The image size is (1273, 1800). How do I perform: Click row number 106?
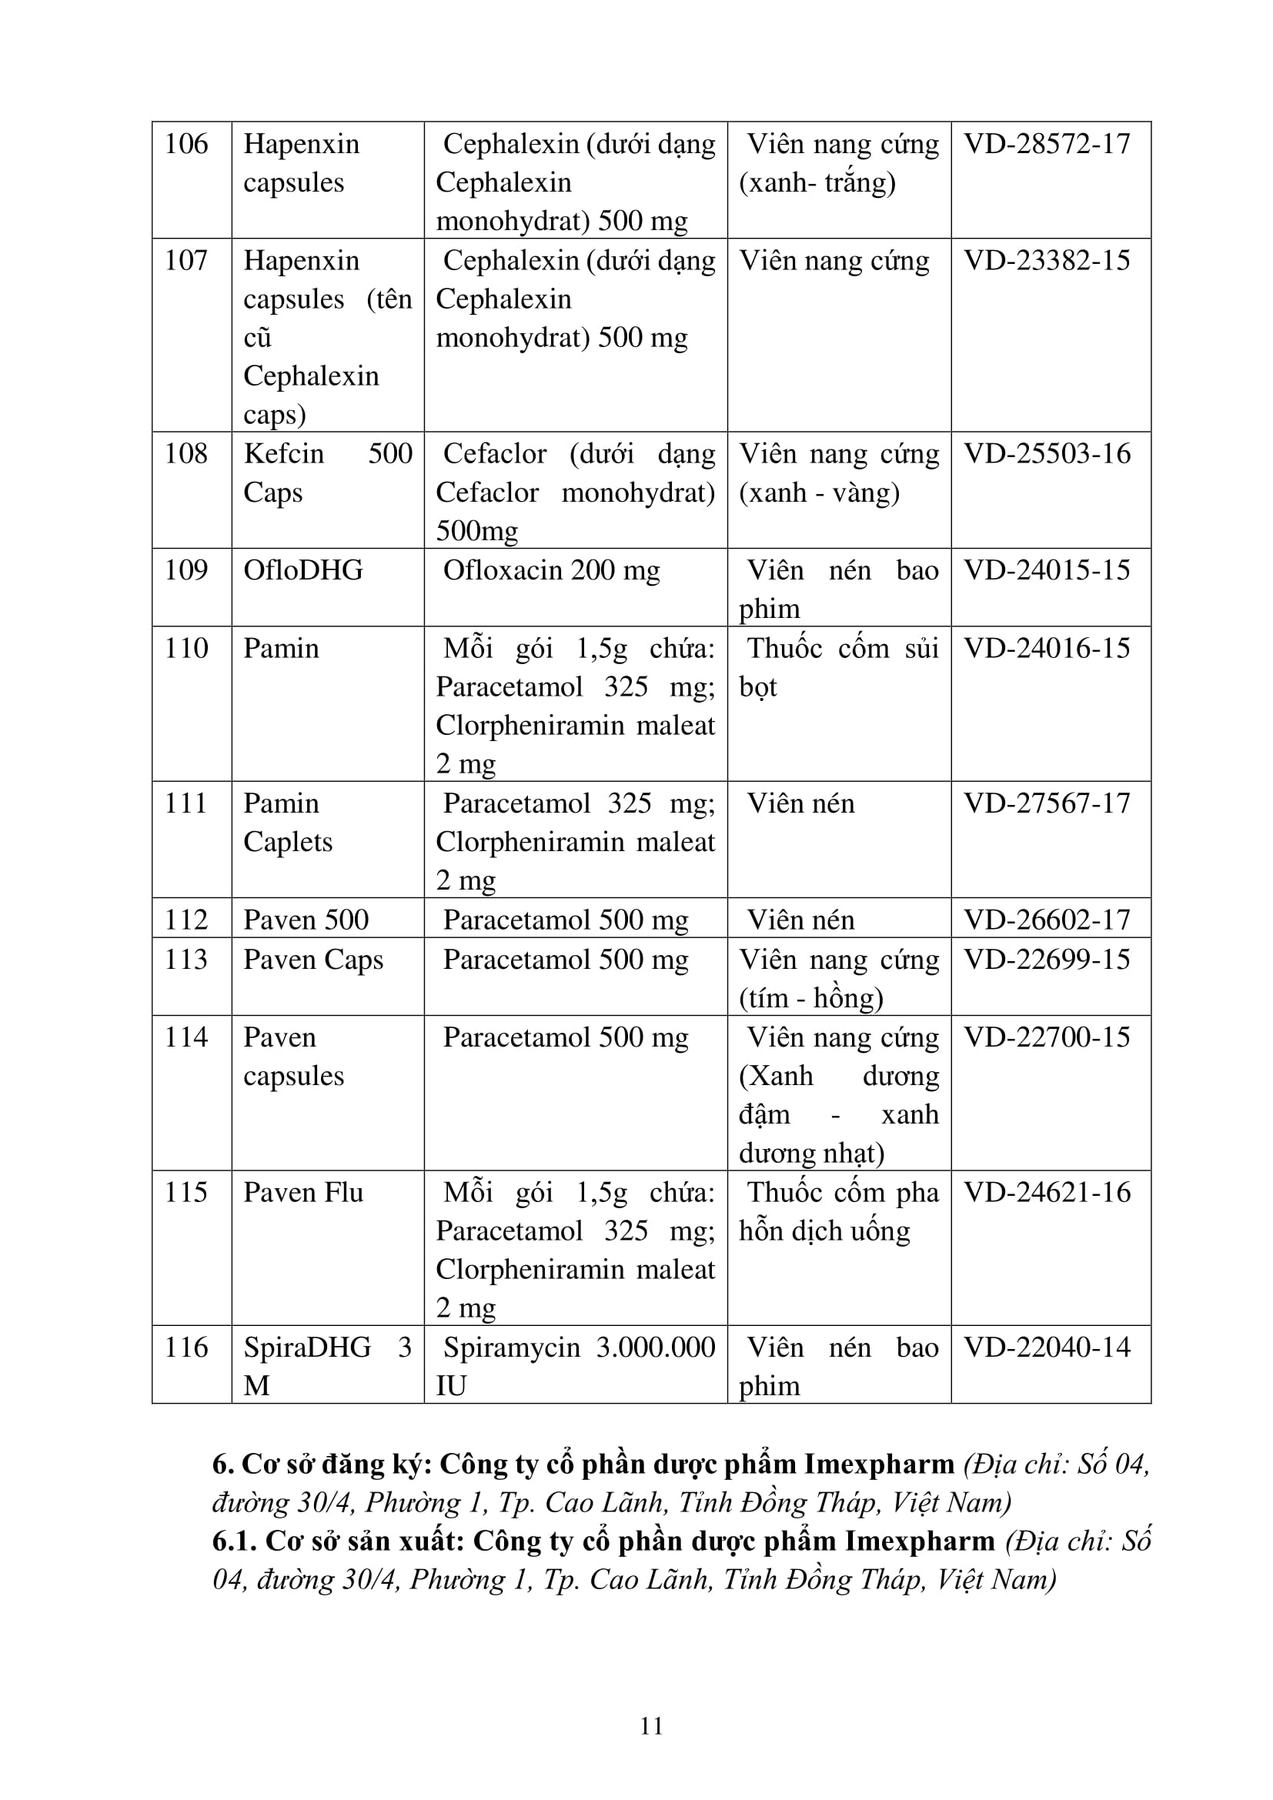coord(185,144)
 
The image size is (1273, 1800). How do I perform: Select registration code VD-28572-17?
coord(1047,144)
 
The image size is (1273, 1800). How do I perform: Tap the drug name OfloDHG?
coord(302,570)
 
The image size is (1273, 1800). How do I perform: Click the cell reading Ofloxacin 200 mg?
coord(551,570)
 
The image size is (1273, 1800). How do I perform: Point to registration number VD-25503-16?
coord(1047,454)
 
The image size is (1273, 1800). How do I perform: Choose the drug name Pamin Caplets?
coord(287,822)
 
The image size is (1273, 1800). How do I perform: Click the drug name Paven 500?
coord(305,920)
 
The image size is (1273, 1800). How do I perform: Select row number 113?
coord(185,960)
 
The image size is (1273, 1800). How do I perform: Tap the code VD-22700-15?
coord(1047,1037)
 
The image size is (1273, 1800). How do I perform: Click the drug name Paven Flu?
coord(302,1192)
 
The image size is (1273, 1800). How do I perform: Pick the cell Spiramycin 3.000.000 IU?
coord(575,1367)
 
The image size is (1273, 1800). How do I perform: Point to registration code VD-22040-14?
coord(1047,1347)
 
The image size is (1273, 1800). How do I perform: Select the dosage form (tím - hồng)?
coord(810,998)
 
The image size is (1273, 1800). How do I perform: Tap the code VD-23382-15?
coord(1047,260)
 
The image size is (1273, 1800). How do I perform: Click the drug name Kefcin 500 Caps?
coord(327,473)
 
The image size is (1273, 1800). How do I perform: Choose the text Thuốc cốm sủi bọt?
coord(838,667)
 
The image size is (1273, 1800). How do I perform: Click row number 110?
coord(185,648)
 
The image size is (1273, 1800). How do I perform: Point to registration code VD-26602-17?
coord(1047,920)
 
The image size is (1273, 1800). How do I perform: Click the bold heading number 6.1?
coord(235,1541)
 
